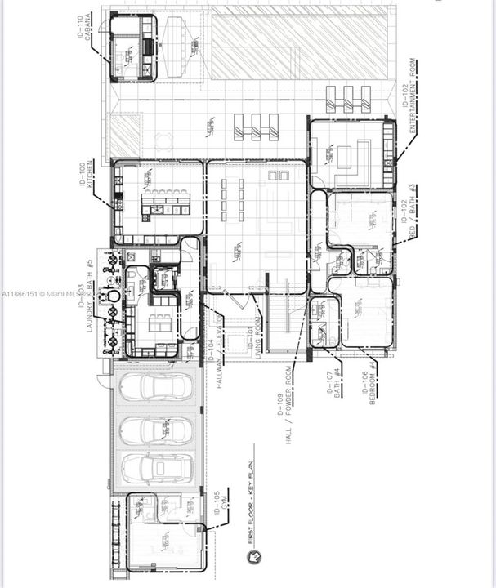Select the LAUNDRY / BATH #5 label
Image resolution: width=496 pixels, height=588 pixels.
coord(85,295)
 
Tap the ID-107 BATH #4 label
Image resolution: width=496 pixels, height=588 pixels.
coord(336,380)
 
